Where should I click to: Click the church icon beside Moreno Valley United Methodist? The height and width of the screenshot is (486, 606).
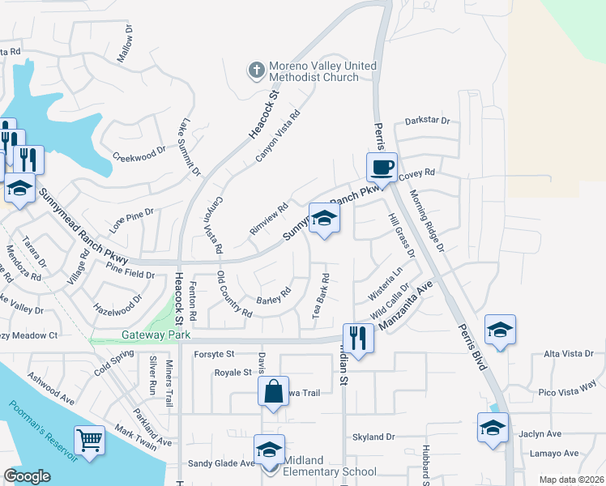click(x=256, y=70)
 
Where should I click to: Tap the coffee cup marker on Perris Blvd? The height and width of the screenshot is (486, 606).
click(x=382, y=168)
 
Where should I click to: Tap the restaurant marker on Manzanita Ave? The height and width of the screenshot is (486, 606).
click(x=358, y=337)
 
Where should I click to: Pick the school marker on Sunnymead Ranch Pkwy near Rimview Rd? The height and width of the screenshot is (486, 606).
click(x=324, y=218)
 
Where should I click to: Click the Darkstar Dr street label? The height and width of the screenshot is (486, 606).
click(x=427, y=121)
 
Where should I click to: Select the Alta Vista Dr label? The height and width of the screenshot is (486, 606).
click(x=570, y=354)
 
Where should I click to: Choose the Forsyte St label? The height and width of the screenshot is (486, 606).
click(x=214, y=354)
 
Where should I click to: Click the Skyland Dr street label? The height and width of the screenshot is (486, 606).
click(x=373, y=437)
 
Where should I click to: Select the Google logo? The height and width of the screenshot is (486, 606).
click(x=27, y=477)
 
